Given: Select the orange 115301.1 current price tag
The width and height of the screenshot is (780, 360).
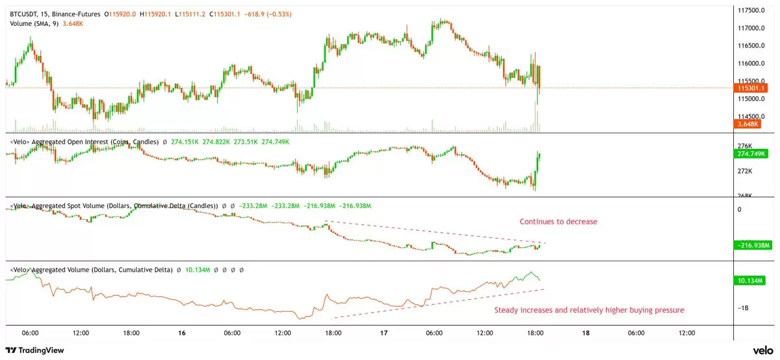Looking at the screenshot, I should (x=751, y=88).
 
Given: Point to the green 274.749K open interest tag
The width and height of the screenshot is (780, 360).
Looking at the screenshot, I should (x=751, y=154).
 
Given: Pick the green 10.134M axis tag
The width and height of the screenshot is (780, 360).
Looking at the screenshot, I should (x=751, y=280).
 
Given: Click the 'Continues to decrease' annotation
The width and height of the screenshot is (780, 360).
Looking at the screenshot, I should (x=558, y=222).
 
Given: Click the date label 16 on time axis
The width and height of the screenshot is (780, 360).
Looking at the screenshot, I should (x=181, y=333).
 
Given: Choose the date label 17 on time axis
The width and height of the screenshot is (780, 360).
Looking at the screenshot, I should (x=383, y=333).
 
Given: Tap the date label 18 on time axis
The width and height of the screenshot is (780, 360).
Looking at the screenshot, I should (x=586, y=333).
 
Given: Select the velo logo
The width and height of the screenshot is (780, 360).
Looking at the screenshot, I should (x=762, y=350).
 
